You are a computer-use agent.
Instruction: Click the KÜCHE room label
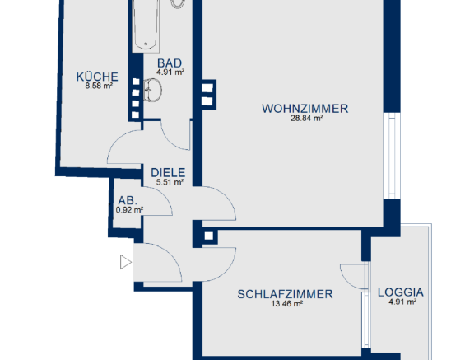pos(97,77)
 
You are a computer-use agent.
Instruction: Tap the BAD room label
pos(169,63)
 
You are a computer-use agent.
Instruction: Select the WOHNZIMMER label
pos(305,108)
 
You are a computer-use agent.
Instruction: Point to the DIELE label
pos(168,173)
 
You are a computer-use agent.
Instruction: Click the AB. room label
pos(128,200)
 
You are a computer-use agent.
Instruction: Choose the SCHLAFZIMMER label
pos(285,293)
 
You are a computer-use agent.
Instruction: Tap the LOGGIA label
pos(401,292)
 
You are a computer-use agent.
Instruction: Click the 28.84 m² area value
pos(306,119)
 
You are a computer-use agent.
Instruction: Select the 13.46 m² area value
pos(286,303)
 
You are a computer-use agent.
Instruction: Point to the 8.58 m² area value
pos(98,86)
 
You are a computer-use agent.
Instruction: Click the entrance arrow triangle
pos(125,263)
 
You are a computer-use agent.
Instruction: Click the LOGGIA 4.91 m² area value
pos(402,302)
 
